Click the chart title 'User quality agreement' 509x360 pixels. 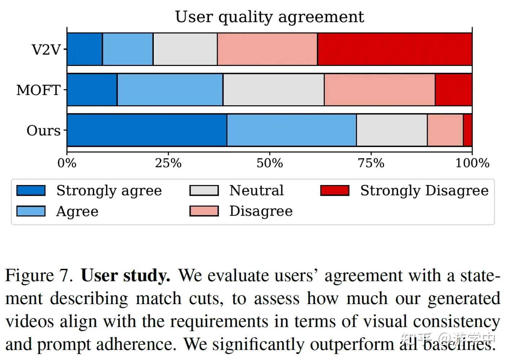click(269, 17)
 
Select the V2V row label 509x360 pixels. click(46, 49)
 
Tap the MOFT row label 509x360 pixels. click(38, 90)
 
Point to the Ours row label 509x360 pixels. click(43, 130)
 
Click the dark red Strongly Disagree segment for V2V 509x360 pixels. click(395, 49)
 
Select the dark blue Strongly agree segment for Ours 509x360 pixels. click(147, 130)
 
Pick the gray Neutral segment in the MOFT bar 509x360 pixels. click(273, 90)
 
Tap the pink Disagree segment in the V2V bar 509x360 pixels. click(267, 49)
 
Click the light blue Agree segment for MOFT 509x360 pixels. click(170, 90)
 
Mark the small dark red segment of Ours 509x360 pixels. click(467, 130)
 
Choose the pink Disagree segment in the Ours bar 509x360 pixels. click(445, 130)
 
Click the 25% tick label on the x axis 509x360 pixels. click(168, 163)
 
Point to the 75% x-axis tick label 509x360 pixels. click(371, 163)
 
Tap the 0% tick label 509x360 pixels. click(67, 163)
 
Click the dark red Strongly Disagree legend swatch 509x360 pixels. click(335, 190)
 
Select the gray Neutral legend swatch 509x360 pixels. click(204, 190)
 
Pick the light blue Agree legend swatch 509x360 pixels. click(31, 211)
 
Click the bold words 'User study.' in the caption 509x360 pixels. click(125, 276)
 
